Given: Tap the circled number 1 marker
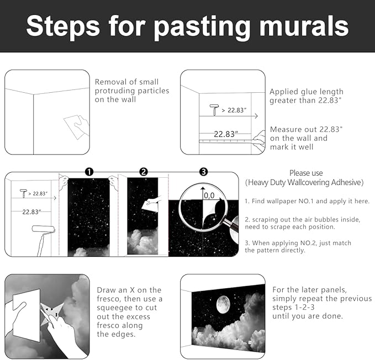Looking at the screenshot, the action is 89,172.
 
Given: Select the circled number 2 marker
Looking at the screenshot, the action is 144,172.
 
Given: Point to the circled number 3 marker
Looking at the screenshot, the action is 204,172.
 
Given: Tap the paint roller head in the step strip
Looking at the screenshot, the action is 44,229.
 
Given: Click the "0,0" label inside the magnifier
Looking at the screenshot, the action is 209,195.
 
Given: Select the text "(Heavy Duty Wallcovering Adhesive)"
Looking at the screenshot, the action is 304,182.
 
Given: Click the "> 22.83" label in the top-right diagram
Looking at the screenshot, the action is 234,110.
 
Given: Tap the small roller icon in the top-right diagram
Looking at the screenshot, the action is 214,110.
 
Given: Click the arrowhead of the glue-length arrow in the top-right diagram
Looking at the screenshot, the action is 256,116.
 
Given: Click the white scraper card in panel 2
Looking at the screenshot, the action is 150,205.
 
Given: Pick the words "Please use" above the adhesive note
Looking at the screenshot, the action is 306,173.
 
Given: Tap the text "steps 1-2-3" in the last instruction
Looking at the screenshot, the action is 293,307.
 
